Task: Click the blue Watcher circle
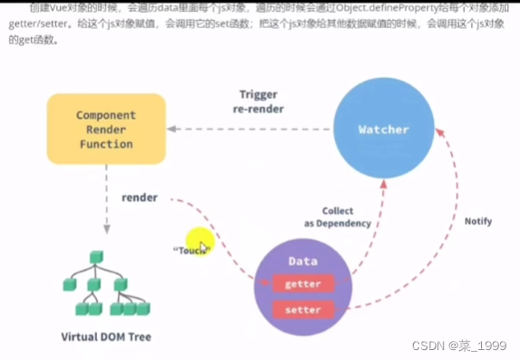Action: coord(383,131)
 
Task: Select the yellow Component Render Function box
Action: coord(106,130)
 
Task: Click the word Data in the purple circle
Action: coord(302,261)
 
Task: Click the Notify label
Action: coord(478,220)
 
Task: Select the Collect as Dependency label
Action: coord(338,218)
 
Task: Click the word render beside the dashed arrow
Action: coord(140,197)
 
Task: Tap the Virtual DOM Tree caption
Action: coord(106,337)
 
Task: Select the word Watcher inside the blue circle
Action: coord(383,130)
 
